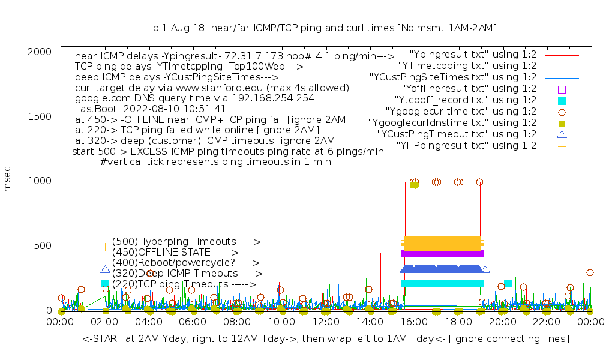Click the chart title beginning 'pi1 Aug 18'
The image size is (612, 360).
[325, 28]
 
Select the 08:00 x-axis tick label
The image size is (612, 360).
[237, 323]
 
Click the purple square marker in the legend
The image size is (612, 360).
[562, 89]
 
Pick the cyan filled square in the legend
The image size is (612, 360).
[562, 100]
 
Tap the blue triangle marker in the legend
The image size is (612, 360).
[562, 134]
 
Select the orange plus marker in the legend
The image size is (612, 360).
[562, 146]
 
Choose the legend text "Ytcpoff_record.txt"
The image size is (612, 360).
[465, 100]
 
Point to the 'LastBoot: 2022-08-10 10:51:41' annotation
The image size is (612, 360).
[151, 109]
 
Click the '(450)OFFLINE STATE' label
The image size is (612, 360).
[175, 253]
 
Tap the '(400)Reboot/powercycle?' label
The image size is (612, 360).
[185, 263]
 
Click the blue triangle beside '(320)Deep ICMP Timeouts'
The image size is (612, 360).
[106, 271]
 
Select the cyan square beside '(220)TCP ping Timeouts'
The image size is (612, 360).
[106, 283]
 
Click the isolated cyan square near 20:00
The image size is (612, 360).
[508, 283]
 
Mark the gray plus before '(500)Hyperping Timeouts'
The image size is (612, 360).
[106, 247]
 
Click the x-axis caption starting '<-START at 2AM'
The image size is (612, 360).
[326, 339]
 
